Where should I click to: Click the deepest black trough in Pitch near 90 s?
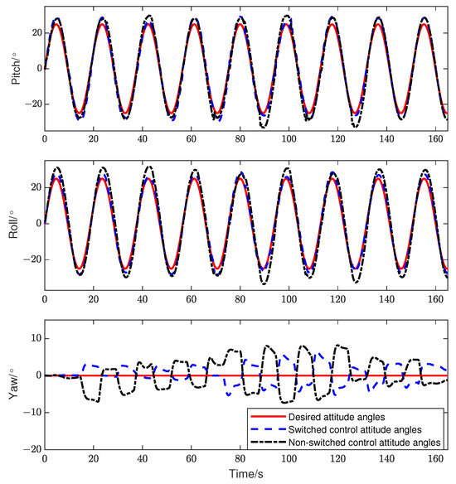pos(264,127)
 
